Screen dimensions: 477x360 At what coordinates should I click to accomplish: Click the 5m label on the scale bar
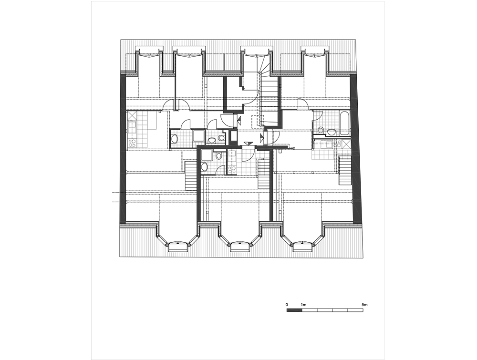(x=365, y=304)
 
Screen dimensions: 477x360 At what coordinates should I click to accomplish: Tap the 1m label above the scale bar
(x=303, y=304)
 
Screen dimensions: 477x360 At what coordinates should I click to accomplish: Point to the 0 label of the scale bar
(x=287, y=304)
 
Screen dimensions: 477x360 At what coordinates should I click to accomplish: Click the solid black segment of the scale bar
(x=294, y=310)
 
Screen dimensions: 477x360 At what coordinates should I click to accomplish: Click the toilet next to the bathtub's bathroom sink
(x=321, y=131)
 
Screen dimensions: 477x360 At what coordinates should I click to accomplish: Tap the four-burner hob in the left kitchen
(x=132, y=143)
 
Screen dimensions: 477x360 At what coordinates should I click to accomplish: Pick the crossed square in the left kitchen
(x=132, y=116)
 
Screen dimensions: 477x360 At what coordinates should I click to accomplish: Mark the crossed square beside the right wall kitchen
(x=346, y=144)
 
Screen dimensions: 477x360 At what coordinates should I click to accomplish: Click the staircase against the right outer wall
(x=345, y=170)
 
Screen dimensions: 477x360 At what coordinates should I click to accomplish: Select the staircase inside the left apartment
(x=191, y=176)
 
